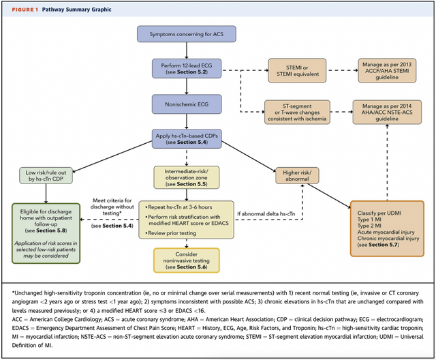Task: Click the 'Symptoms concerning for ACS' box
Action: [x=186, y=34]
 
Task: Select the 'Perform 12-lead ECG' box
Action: [x=187, y=68]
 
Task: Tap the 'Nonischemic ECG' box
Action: [x=187, y=104]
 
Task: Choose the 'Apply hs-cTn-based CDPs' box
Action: [x=187, y=139]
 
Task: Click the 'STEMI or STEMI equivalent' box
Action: [x=297, y=71]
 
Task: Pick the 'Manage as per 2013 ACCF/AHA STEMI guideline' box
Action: [x=387, y=71]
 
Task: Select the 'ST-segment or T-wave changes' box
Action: [x=297, y=112]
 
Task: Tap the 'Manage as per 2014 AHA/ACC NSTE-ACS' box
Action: [x=387, y=112]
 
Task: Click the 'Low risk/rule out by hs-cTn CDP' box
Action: [x=46, y=175]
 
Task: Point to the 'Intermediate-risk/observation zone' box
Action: [x=187, y=177]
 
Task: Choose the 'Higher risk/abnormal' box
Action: [x=297, y=175]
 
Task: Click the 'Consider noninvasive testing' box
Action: [x=187, y=260]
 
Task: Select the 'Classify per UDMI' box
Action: [x=387, y=228]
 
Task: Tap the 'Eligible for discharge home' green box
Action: [x=46, y=233]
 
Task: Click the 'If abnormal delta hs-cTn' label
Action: [x=266, y=214]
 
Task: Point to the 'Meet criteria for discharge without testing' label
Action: [x=112, y=207]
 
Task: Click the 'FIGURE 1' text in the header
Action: [x=25, y=10]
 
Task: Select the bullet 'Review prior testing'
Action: [x=171, y=233]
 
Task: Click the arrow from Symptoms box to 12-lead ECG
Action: [x=187, y=50]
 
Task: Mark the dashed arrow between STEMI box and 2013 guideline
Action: [x=342, y=70]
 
